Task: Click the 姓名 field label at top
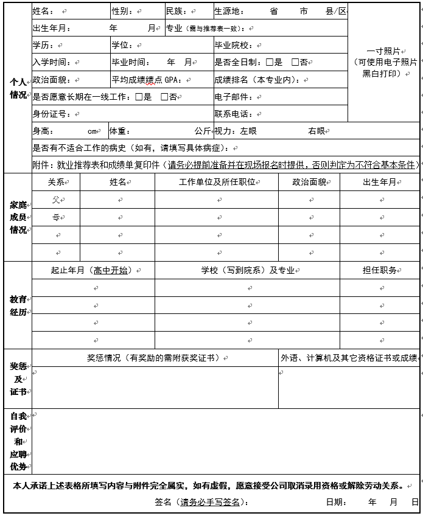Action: click(x=43, y=12)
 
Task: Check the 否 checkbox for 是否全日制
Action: click(x=295, y=62)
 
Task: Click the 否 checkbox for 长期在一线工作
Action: click(x=164, y=97)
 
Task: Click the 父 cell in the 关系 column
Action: click(x=55, y=200)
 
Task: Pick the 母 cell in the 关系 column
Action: click(x=55, y=217)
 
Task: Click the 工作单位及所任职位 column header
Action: click(x=216, y=182)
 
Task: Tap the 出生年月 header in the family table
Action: click(x=379, y=182)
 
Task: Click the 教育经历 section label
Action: click(x=18, y=305)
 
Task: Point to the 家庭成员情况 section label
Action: click(x=18, y=217)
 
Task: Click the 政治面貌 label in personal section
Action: click(x=51, y=80)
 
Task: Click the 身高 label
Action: click(x=43, y=131)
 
